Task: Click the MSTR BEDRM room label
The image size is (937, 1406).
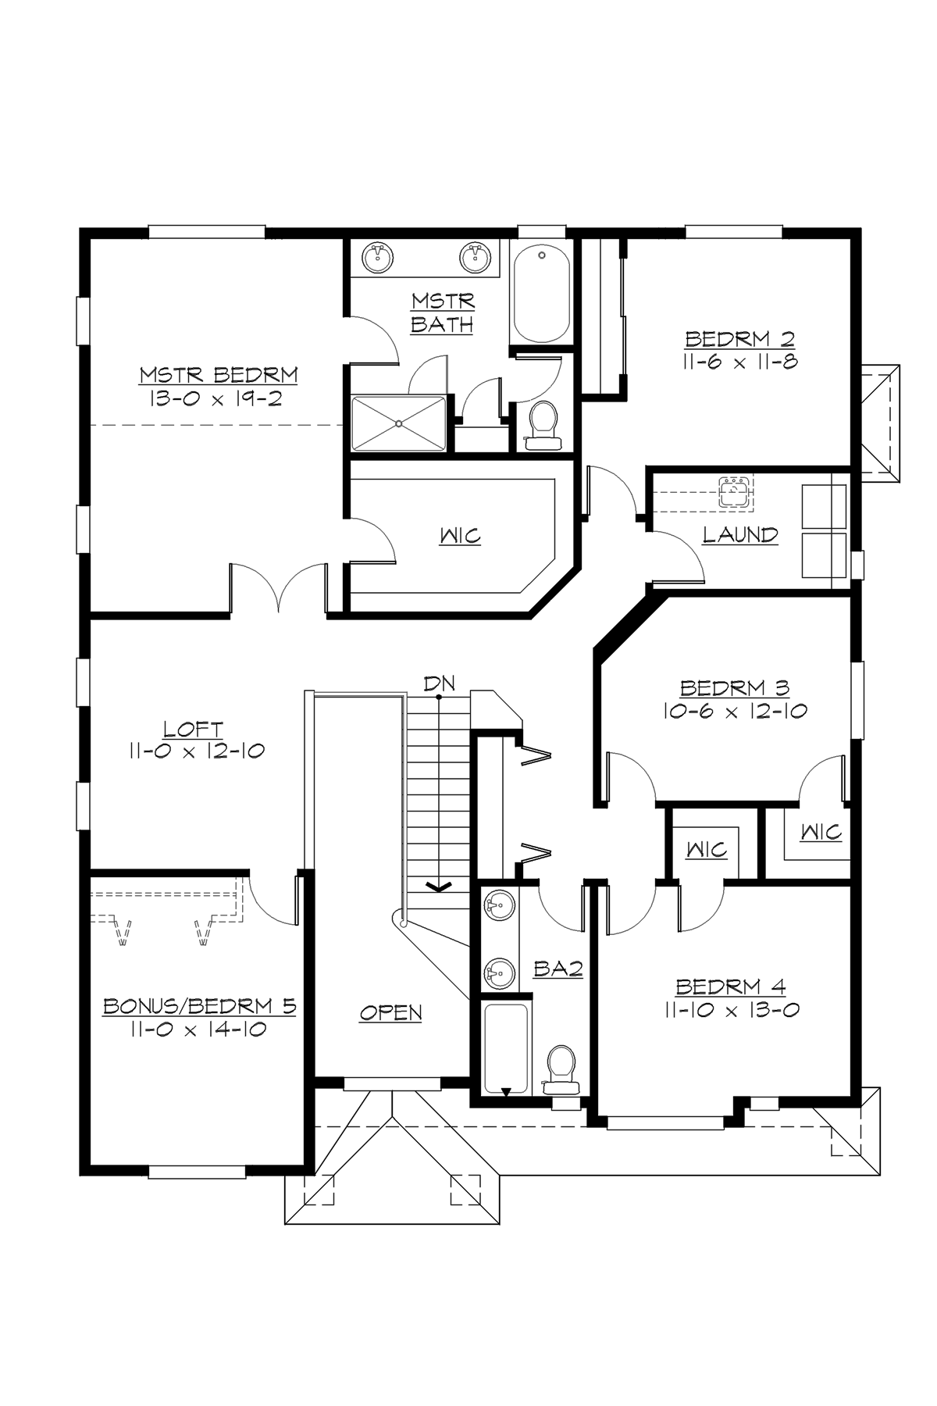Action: (x=219, y=375)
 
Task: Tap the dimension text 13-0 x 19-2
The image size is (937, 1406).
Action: (x=214, y=398)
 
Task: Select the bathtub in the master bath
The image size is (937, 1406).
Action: (x=541, y=293)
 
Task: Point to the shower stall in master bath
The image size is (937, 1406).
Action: (x=399, y=423)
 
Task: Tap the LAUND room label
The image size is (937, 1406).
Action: (x=739, y=535)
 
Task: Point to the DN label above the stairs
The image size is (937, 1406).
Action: (x=439, y=683)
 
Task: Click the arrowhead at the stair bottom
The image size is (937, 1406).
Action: (x=440, y=886)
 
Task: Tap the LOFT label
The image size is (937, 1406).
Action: (x=193, y=730)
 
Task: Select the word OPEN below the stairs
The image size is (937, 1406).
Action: (x=390, y=1013)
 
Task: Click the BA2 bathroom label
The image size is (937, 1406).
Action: (x=558, y=969)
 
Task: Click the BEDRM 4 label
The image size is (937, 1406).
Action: (x=731, y=987)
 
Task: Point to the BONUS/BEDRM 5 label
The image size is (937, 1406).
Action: (x=200, y=1006)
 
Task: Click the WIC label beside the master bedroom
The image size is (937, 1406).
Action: (x=460, y=537)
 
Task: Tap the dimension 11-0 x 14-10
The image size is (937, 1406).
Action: (x=199, y=1030)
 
